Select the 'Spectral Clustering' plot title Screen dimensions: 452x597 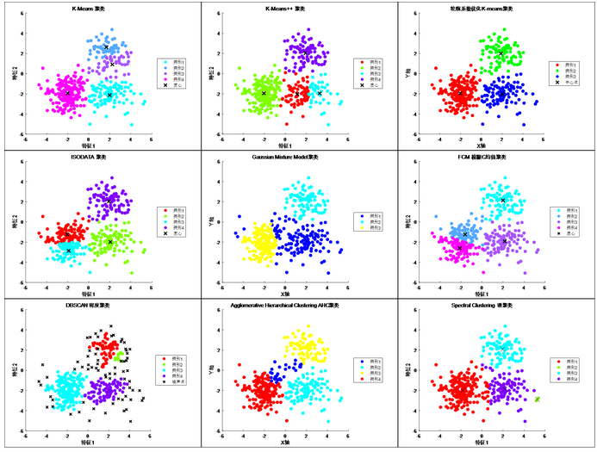click(x=482, y=306)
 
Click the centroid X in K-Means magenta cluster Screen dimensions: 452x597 click(x=68, y=92)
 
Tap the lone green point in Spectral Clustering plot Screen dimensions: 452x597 click(x=537, y=399)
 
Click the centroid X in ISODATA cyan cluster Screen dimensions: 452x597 click(x=68, y=251)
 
